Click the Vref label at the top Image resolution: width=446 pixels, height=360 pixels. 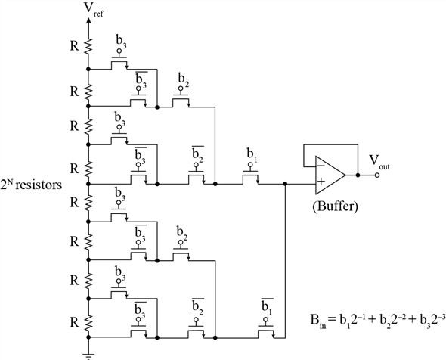click(90, 10)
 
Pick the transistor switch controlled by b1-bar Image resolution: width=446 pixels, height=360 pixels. click(265, 330)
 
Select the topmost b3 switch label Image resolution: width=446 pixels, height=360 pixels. click(120, 40)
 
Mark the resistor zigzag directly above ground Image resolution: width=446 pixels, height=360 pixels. click(88, 321)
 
